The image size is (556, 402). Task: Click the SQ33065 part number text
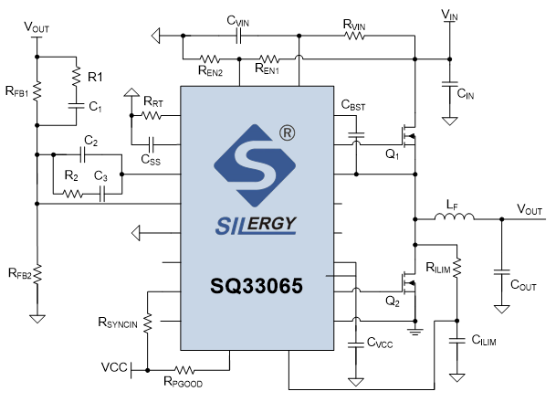[257, 286]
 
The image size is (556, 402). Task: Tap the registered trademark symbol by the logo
[288, 133]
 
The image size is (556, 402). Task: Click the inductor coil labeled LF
[455, 217]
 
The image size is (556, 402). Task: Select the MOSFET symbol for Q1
[408, 136]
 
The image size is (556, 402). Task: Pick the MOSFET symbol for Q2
[408, 283]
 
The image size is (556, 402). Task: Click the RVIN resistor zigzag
[354, 36]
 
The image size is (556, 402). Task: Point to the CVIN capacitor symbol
[238, 36]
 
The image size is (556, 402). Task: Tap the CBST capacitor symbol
[356, 135]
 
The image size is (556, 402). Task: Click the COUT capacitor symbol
[501, 272]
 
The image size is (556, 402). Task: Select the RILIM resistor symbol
[456, 267]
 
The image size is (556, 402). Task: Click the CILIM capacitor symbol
[456, 341]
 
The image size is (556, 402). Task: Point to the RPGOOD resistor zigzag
[184, 370]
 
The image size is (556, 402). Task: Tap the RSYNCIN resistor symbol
[147, 323]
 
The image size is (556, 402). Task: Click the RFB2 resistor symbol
[37, 274]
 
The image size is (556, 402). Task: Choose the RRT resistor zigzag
[152, 115]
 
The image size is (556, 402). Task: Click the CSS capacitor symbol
[151, 144]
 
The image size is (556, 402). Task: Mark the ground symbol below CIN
[449, 121]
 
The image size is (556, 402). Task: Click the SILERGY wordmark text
[256, 225]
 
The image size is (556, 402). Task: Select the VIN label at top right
[449, 15]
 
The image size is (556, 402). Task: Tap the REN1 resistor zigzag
[269, 58]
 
